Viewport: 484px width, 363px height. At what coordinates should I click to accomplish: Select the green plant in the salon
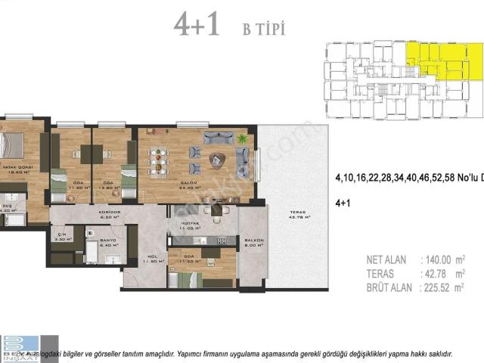pyautogui.click(x=242, y=139)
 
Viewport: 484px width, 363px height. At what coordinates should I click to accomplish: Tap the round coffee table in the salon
pyautogui.click(x=218, y=159)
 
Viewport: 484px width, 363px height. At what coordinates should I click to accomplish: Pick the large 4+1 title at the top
pyautogui.click(x=196, y=24)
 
